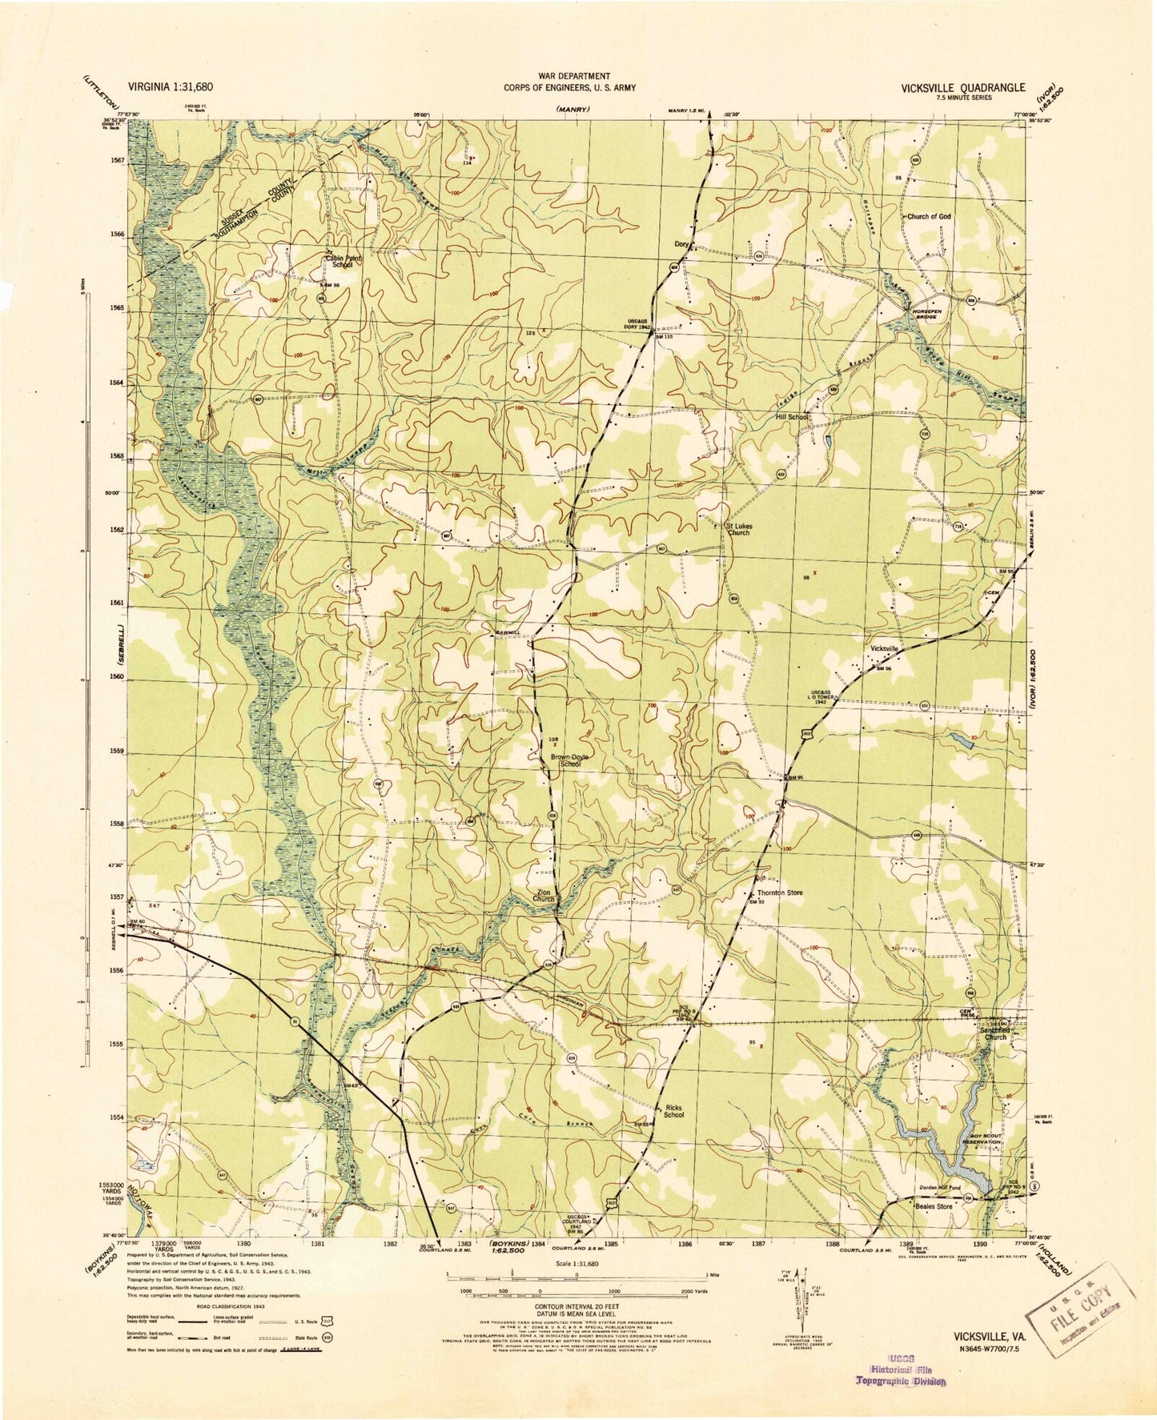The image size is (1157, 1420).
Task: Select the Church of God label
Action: tap(929, 217)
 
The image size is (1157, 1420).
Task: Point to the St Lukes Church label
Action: tap(737, 529)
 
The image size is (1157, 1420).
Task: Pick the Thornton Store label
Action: tap(774, 893)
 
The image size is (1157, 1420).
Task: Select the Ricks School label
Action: tap(673, 1110)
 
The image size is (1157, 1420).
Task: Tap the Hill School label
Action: tap(791, 417)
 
